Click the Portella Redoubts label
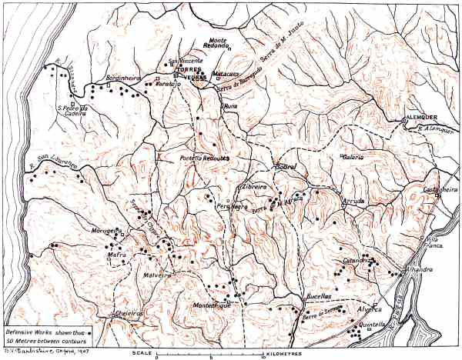click(206, 158)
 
